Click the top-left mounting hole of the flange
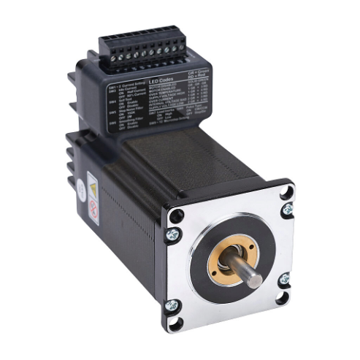coord(176,216)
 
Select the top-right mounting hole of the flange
coord(286,191)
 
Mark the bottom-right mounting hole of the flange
coord(283,298)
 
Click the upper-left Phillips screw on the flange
coord(174,234)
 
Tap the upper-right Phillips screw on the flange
coord(288,209)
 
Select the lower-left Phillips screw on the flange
coord(172,305)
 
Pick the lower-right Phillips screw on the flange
coord(283,278)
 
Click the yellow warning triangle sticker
coord(93,188)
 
